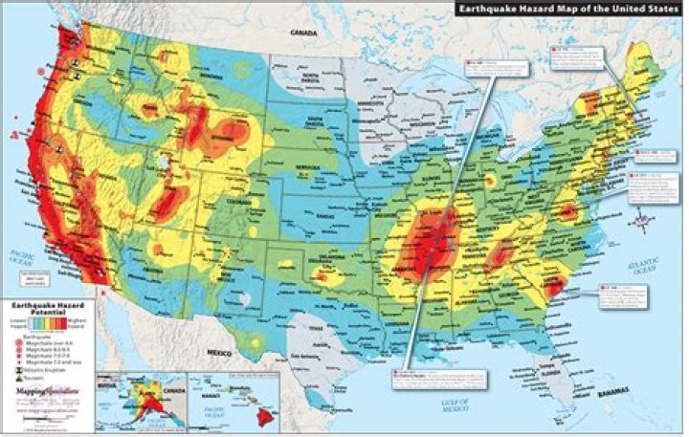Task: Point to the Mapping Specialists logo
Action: [x=47, y=392]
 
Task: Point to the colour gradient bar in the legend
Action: [x=48, y=322]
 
